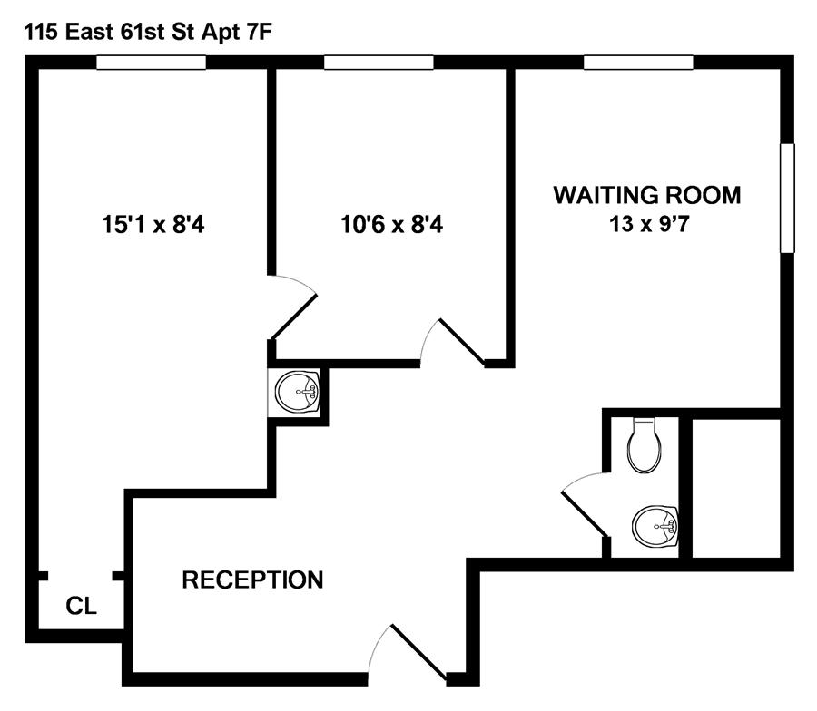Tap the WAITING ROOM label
point(647,195)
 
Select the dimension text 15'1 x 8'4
point(153,224)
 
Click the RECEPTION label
point(252,580)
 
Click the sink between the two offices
point(298,392)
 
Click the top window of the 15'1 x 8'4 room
point(151,63)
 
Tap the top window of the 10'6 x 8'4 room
point(378,63)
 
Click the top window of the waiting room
point(638,63)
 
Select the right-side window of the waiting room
point(787,198)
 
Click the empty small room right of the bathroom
point(736,487)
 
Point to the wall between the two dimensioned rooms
point(271,172)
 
